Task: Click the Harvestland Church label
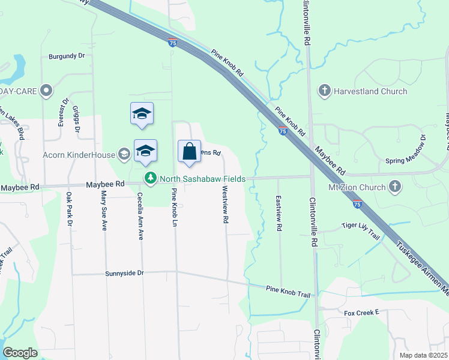coord(372,91)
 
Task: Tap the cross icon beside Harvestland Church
coord(325,91)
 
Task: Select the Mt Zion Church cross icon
coord(395,187)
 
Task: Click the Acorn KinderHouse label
coord(79,155)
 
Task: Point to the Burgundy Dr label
coord(67,56)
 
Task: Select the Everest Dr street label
coord(61,112)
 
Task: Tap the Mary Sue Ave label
coord(104,211)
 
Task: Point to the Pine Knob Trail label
coord(289,291)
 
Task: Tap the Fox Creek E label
coord(363,313)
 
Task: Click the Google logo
coord(20,353)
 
